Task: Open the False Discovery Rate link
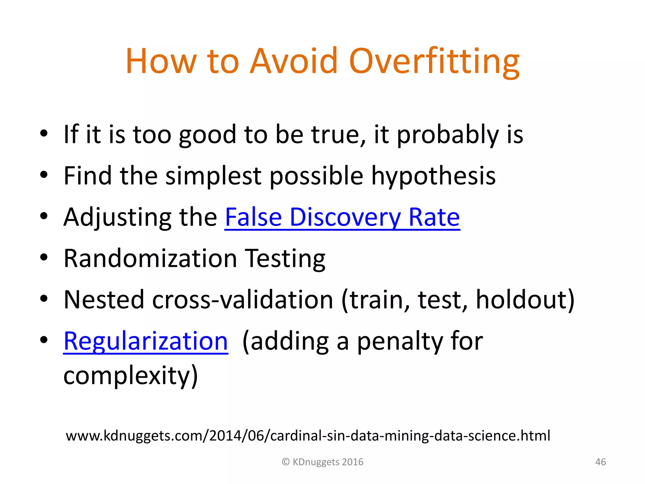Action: [x=342, y=217]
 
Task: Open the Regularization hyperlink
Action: [x=146, y=341]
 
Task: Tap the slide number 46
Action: [x=600, y=462]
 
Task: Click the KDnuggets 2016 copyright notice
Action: [x=322, y=462]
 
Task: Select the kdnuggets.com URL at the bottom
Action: [x=308, y=436]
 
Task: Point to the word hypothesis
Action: [x=433, y=176]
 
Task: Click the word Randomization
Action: [x=150, y=258]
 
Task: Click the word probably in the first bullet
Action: [x=448, y=135]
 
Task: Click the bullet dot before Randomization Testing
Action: [x=44, y=257]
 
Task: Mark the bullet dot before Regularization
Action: [x=44, y=340]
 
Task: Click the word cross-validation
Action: [x=243, y=300]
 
